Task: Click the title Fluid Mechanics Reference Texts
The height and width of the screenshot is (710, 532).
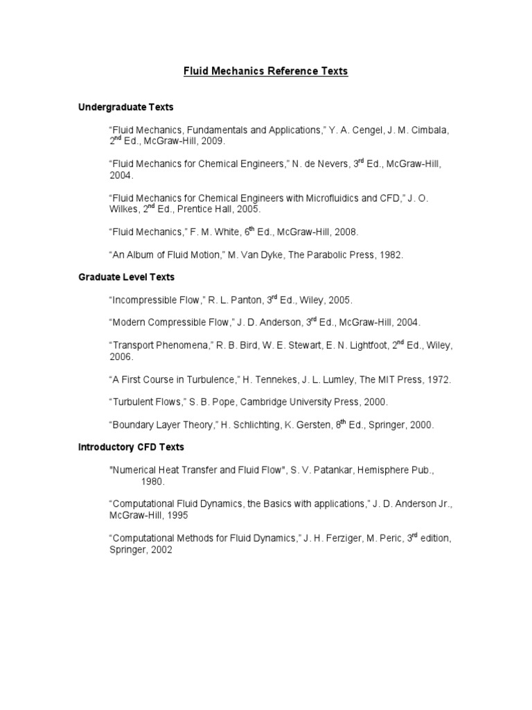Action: pos(265,71)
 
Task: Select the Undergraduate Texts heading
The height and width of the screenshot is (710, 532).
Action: pos(125,107)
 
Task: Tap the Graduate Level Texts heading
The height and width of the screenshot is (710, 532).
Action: pos(126,277)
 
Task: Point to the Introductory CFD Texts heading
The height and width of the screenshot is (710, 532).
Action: pos(131,447)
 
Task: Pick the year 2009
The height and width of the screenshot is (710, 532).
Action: pos(213,141)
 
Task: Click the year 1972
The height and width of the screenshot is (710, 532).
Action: pos(438,380)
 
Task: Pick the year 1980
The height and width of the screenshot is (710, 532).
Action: pos(154,481)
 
